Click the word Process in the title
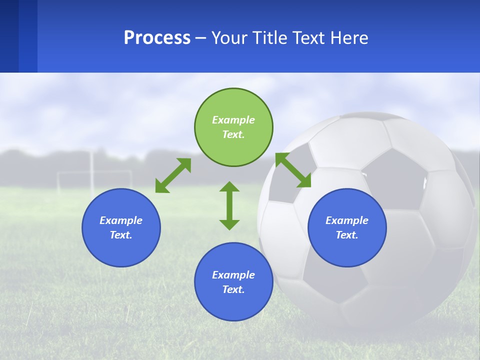157,38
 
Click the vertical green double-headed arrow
229,205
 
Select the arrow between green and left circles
173,175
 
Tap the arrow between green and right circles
293,170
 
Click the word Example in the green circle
233,120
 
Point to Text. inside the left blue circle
121,235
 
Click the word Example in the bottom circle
233,275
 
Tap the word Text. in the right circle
347,235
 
